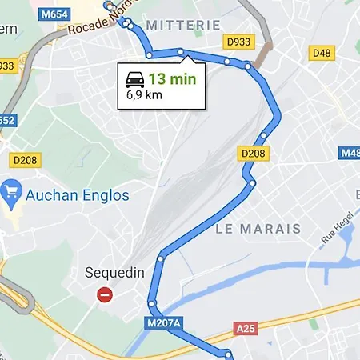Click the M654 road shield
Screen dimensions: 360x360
coord(53,14)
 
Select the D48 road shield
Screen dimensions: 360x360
coord(322,52)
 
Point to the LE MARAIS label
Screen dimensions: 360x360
coord(258,229)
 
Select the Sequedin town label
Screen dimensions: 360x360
coord(115,273)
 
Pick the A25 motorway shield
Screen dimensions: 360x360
coord(245,328)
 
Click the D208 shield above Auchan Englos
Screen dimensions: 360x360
coord(26,160)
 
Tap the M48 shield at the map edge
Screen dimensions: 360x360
coord(351,152)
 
